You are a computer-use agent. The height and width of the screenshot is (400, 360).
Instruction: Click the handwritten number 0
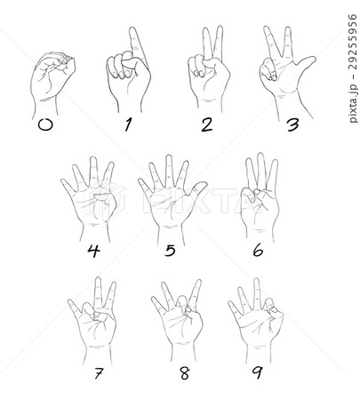[x=45, y=125]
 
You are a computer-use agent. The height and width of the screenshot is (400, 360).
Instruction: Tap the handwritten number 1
[x=128, y=124]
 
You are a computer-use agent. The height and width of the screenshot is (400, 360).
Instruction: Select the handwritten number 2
[x=206, y=124]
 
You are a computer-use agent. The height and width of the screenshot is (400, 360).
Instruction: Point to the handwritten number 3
[x=292, y=125]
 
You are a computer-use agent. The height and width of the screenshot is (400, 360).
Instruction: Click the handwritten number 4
[x=93, y=252]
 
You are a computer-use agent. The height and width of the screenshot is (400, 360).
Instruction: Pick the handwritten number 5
[x=170, y=251]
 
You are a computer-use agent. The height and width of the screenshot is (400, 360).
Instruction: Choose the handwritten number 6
[x=258, y=251]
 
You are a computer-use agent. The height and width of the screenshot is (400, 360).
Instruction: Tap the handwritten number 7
[x=98, y=373]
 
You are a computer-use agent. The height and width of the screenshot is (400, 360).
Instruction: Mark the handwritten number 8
[x=185, y=373]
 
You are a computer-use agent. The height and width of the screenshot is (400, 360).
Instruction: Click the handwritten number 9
[x=258, y=372]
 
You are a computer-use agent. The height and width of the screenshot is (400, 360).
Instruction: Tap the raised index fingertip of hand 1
[x=133, y=30]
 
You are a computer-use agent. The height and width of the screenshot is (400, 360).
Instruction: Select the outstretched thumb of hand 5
[x=196, y=188]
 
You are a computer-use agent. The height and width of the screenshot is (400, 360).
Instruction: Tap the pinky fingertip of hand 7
[x=70, y=301]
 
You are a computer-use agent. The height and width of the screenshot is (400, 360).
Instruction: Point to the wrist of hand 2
[x=209, y=105]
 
